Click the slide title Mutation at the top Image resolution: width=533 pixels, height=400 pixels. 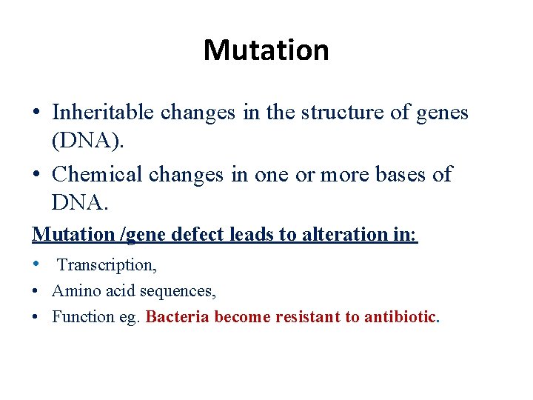click(x=266, y=50)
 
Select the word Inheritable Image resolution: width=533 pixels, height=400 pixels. click(x=104, y=112)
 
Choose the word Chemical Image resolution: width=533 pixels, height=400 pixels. click(x=98, y=174)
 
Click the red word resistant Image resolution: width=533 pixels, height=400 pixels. click(x=307, y=317)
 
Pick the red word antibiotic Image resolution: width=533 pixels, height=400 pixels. click(x=400, y=317)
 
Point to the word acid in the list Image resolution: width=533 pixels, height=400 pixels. click(x=124, y=291)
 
